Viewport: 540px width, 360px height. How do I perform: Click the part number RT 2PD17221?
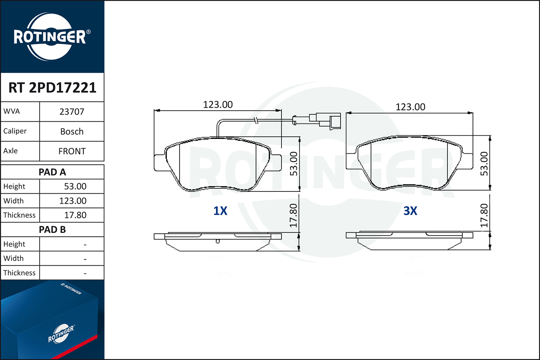(52, 87)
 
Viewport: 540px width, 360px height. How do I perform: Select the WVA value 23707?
(72, 112)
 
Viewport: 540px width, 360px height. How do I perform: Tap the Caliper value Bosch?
(72, 131)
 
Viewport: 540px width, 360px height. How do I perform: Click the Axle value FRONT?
(72, 151)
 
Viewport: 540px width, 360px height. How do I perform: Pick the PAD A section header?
(52, 172)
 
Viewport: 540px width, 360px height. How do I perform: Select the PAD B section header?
(52, 230)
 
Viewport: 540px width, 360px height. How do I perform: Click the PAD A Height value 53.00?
(75, 186)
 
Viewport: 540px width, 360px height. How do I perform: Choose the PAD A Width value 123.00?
(73, 201)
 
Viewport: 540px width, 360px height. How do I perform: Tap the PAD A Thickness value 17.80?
(75, 215)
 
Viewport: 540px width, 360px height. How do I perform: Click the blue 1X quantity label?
(220, 211)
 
